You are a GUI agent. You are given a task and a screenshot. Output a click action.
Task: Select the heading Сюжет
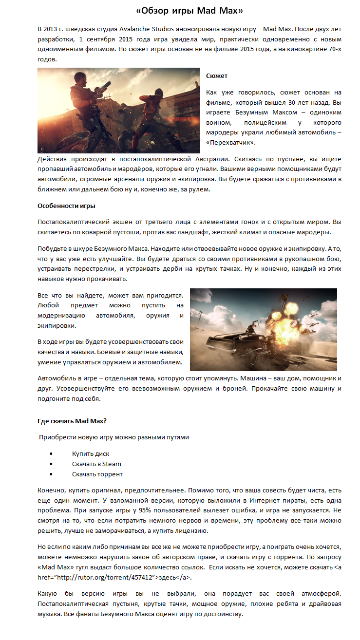(x=217, y=76)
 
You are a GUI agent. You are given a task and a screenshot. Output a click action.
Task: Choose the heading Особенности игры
(x=67, y=206)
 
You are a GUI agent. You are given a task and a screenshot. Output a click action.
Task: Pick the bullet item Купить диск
(x=91, y=453)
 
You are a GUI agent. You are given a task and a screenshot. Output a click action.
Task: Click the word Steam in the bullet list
(x=112, y=464)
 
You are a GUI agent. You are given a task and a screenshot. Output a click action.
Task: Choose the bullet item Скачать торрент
(x=97, y=474)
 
